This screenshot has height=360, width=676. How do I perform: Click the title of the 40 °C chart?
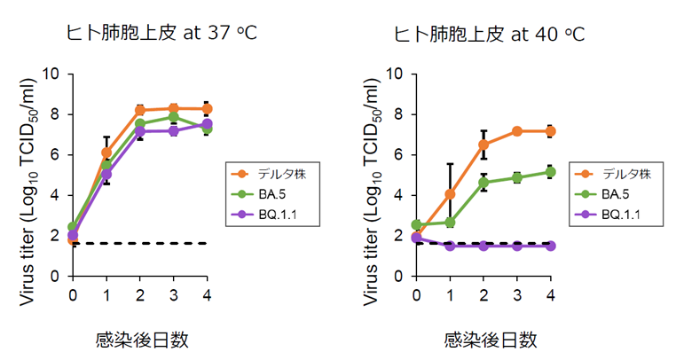[489, 34]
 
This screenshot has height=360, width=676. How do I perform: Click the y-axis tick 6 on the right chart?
[401, 154]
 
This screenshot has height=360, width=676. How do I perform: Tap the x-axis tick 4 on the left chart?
[207, 293]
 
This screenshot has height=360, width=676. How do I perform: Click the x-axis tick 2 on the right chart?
[483, 293]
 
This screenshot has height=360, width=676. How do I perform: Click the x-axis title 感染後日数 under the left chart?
[140, 339]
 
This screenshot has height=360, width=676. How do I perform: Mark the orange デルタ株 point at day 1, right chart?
[450, 194]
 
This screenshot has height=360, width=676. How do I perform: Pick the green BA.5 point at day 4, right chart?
[550, 172]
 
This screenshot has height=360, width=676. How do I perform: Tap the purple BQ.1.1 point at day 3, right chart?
[516, 246]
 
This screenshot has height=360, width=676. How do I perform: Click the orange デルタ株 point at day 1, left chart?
[106, 153]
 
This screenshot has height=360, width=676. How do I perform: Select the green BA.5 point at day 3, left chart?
[174, 117]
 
